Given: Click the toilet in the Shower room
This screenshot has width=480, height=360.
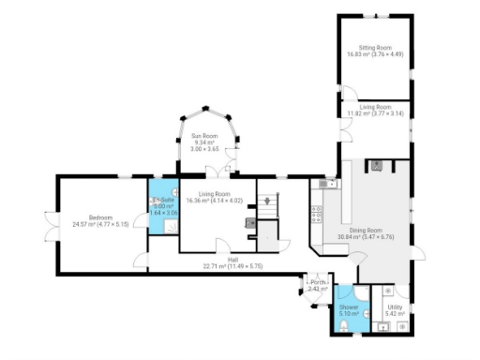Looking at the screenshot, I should coord(347,325).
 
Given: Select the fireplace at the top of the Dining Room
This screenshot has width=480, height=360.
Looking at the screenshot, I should coord(377,166).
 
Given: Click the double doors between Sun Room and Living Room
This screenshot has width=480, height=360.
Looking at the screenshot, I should coord(217,172).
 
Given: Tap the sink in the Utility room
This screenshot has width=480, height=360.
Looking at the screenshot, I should coord(383,327).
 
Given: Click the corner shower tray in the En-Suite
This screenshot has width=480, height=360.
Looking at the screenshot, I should coord(156,187).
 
